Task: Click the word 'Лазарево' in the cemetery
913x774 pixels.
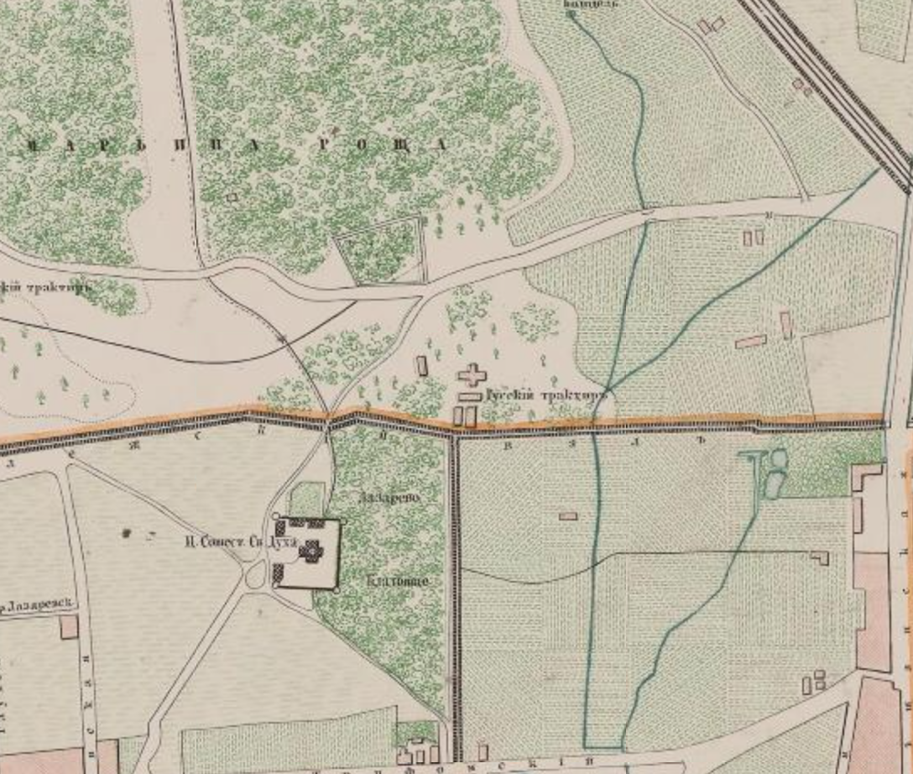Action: pos(387,498)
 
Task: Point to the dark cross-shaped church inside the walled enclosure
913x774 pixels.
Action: pos(312,551)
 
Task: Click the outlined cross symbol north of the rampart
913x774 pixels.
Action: pos(472,374)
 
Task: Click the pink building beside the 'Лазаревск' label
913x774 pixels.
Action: pos(69,627)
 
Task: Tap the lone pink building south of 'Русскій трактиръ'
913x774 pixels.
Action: pos(567,515)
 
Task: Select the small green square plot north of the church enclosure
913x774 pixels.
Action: pos(306,499)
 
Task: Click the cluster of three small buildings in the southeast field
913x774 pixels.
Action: pos(813,682)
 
